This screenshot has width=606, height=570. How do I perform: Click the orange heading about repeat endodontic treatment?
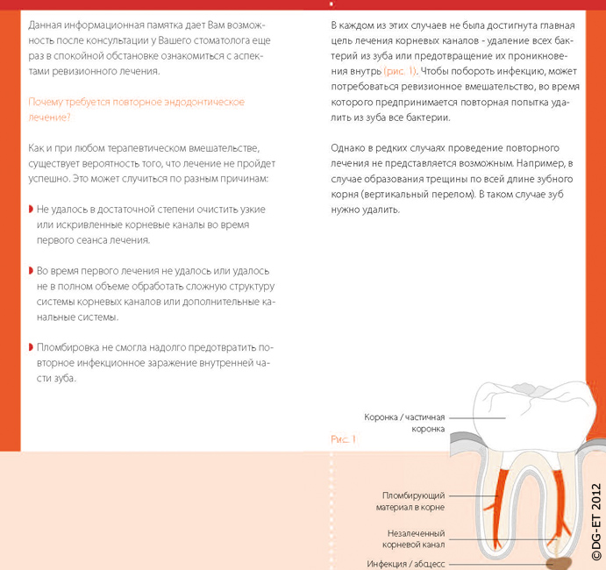137,110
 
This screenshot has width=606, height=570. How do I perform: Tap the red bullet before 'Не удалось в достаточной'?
32,210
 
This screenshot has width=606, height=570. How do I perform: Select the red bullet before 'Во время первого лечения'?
32,270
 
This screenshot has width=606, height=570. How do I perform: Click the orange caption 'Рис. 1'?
343,438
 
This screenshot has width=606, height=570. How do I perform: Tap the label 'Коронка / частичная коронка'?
405,424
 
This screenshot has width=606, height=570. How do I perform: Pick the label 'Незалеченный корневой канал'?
416,538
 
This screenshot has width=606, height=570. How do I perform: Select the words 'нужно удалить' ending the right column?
366,211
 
